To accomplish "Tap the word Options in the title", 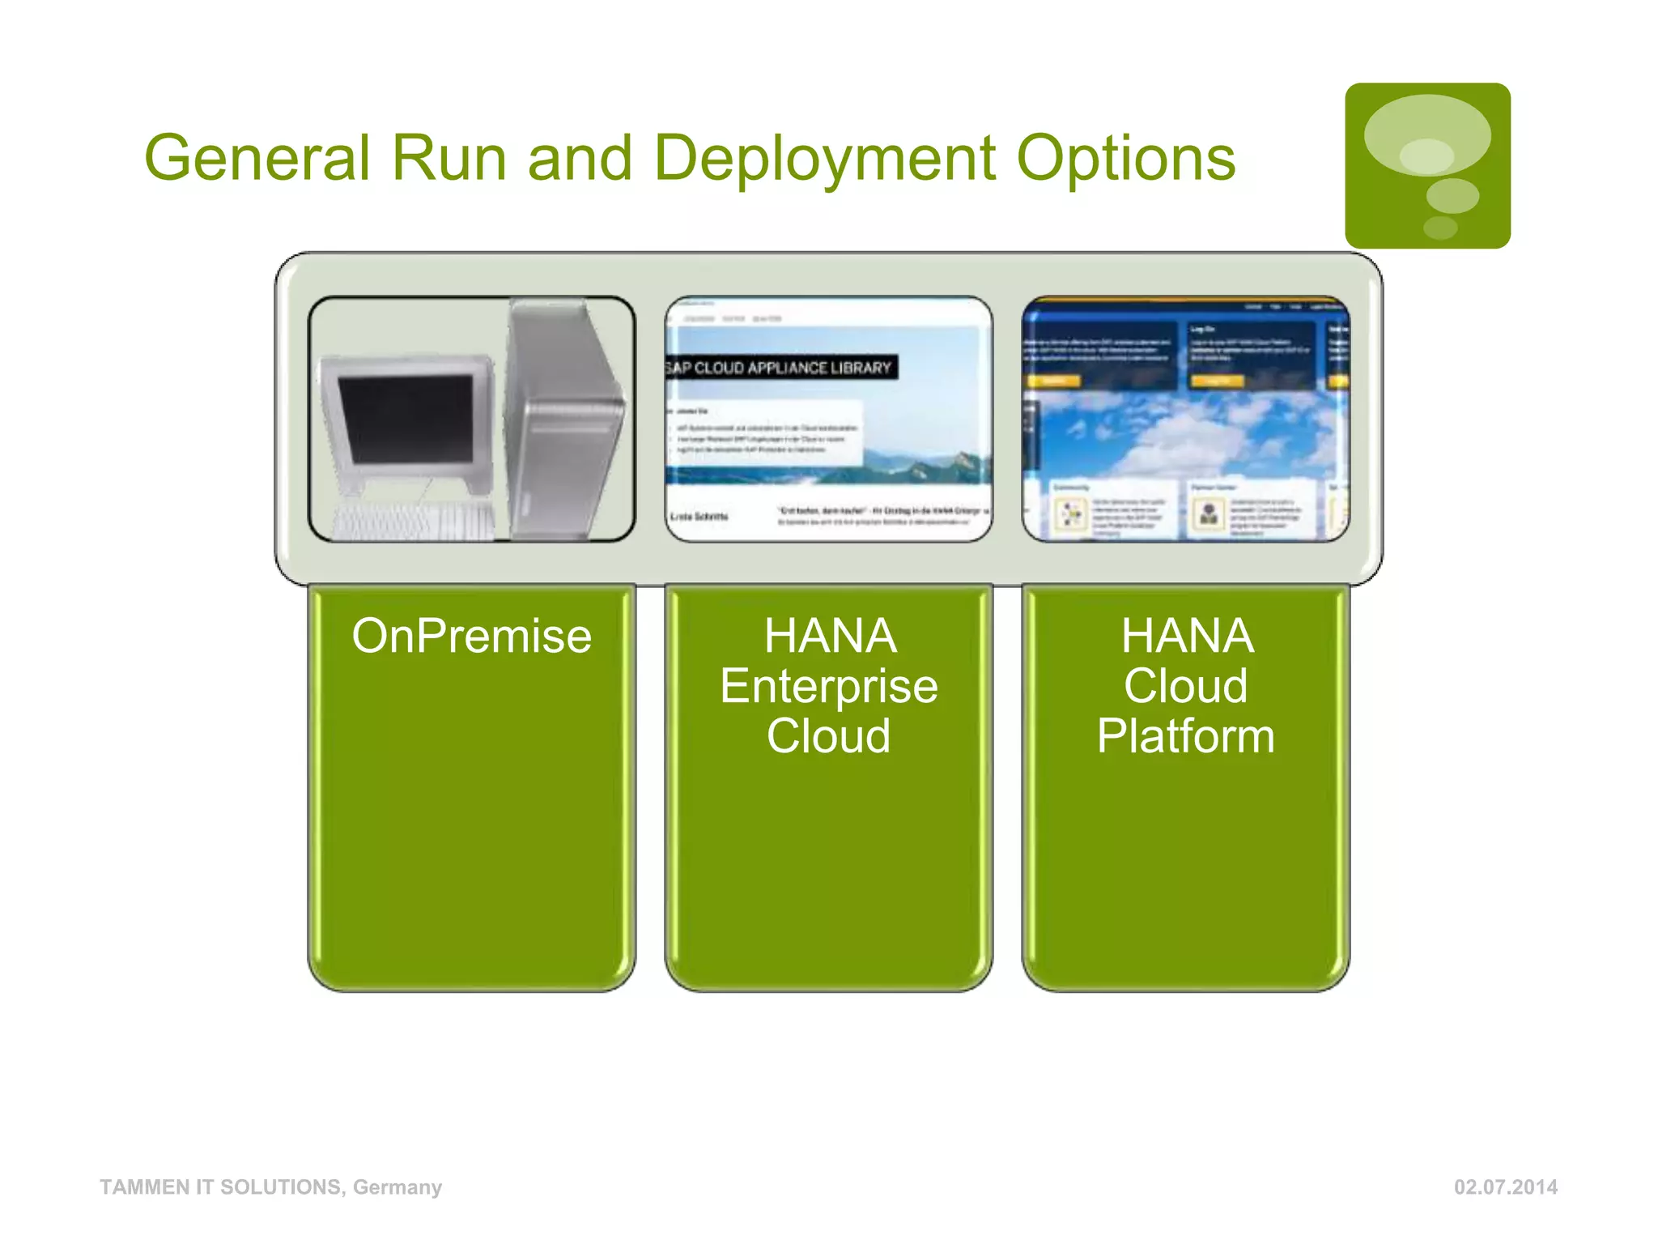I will [1125, 159].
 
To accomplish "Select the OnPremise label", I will [471, 636].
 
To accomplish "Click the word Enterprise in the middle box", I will [828, 687].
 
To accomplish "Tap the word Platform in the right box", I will [1185, 736].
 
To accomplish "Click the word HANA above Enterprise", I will [830, 636].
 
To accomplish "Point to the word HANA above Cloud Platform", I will [1187, 636].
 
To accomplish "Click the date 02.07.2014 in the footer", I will [1505, 1187].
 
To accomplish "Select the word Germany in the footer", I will [397, 1187].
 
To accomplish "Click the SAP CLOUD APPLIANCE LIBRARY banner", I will [780, 368].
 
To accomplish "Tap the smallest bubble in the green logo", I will [1439, 228].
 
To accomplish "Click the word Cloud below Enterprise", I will [828, 736].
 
